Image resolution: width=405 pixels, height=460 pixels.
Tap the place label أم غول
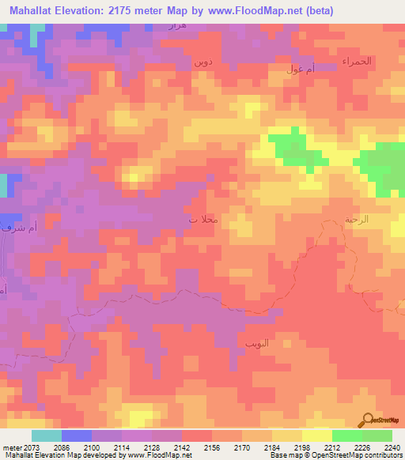coord(302,69)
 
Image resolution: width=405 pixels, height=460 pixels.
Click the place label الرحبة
coord(357,221)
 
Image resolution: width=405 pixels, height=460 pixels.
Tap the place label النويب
coord(258,344)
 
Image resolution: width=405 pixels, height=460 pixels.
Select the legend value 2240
coord(392,448)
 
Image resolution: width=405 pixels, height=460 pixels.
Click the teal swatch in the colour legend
coord(46,435)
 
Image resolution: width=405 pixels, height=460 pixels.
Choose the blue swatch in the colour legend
coord(76,435)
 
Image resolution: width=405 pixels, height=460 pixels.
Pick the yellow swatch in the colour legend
coord(316,435)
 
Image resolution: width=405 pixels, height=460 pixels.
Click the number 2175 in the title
coord(128,11)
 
